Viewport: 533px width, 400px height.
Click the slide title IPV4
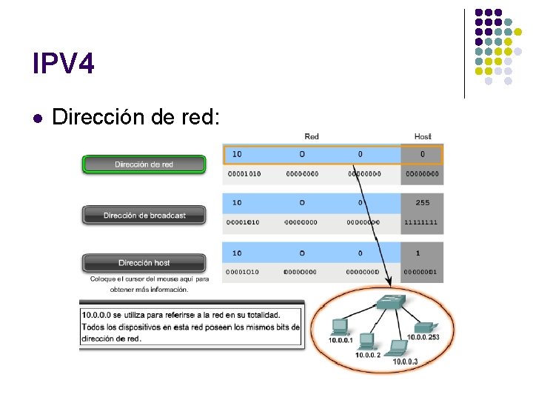point(64,64)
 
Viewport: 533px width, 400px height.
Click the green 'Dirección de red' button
point(144,164)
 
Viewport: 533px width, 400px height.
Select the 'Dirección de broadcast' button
point(144,216)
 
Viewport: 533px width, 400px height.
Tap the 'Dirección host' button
point(144,263)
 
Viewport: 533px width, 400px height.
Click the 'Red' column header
point(312,136)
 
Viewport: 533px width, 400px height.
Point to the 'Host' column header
point(423,136)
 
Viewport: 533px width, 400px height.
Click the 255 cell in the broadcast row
point(423,202)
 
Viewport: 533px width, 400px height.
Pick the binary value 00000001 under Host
point(422,272)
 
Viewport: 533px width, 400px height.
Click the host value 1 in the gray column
point(418,253)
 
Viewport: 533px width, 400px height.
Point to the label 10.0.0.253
point(423,338)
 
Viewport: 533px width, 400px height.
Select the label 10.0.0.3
point(406,361)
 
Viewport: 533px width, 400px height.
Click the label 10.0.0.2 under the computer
point(367,355)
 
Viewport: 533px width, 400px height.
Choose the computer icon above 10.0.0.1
point(341,326)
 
